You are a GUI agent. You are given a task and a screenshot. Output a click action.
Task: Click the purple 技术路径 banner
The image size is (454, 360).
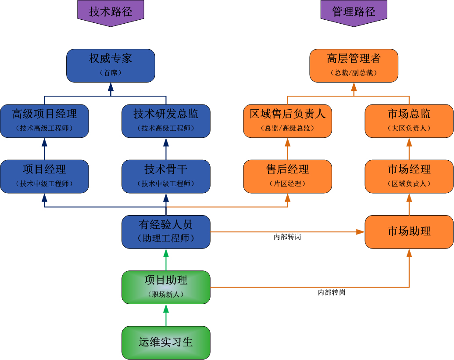click(111, 12)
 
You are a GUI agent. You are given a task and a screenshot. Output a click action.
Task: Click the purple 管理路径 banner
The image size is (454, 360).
click(354, 12)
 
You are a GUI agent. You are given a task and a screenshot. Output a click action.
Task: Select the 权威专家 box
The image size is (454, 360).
click(111, 65)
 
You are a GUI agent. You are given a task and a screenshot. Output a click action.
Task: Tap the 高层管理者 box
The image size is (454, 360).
click(354, 65)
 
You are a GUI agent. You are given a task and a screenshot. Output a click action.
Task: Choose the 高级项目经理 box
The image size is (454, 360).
click(44, 121)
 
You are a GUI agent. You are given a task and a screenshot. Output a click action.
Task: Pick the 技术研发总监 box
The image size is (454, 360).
click(166, 121)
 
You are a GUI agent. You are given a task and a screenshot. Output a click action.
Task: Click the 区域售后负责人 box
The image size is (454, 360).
click(287, 121)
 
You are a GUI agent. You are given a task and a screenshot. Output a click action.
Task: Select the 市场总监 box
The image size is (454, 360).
click(409, 121)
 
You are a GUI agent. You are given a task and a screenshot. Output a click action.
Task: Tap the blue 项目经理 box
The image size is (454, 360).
click(44, 176)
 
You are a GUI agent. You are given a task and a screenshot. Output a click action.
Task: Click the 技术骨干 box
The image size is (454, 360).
click(166, 176)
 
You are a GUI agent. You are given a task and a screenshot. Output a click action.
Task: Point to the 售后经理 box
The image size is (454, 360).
click(287, 176)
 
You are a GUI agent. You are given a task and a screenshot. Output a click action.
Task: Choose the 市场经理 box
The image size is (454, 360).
click(409, 176)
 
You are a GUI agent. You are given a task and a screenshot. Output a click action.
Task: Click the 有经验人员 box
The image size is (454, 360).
click(166, 231)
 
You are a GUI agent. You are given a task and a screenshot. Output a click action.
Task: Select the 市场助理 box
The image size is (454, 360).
click(409, 231)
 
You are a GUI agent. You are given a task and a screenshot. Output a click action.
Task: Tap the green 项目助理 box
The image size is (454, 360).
click(166, 287)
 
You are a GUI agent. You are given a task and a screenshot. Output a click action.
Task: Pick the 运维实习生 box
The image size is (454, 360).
click(166, 342)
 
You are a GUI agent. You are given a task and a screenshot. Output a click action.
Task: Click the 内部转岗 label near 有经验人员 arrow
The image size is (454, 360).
click(287, 237)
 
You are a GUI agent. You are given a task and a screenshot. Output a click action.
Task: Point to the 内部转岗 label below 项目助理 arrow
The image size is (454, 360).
click(332, 292)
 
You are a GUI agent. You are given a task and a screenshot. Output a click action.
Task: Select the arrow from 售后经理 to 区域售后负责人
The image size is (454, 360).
click(288, 149)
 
